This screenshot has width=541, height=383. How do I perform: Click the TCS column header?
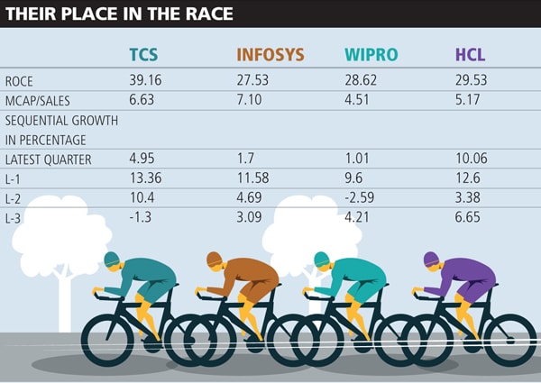[x=144, y=55]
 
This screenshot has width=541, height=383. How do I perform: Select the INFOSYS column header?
[x=270, y=55]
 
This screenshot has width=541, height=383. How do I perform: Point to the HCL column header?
[x=471, y=55]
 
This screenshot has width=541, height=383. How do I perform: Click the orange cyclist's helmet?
[x=215, y=260]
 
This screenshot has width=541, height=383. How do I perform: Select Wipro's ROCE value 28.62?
[x=362, y=81]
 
